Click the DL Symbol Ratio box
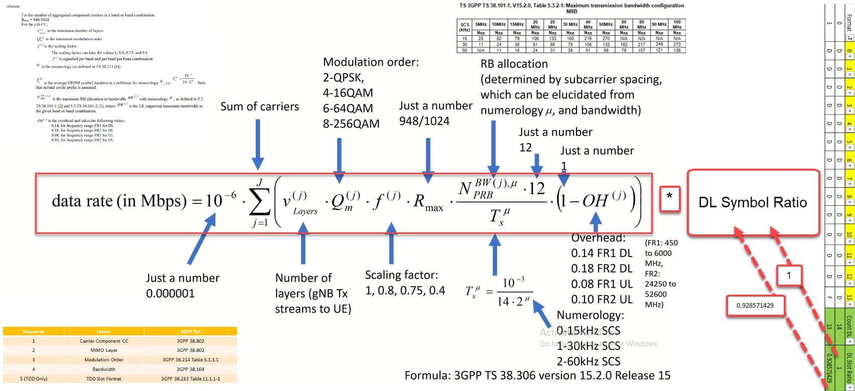click(x=753, y=202)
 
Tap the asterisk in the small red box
click(x=669, y=196)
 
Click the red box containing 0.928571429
click(x=755, y=305)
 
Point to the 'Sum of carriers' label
click(x=259, y=106)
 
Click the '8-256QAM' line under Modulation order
click(x=351, y=123)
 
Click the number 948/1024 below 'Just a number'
click(x=424, y=121)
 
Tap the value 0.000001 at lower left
click(x=170, y=293)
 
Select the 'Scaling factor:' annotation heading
click(x=401, y=275)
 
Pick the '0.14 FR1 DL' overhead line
click(x=602, y=253)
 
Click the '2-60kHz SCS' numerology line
click(x=589, y=361)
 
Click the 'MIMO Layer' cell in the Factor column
click(x=104, y=350)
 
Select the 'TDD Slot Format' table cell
click(x=104, y=378)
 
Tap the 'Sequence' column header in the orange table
click(x=34, y=332)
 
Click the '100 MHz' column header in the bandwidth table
click(x=677, y=24)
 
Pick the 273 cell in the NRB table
click(x=677, y=44)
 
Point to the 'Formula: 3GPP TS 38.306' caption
click(x=537, y=375)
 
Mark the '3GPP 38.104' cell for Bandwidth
click(x=190, y=369)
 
